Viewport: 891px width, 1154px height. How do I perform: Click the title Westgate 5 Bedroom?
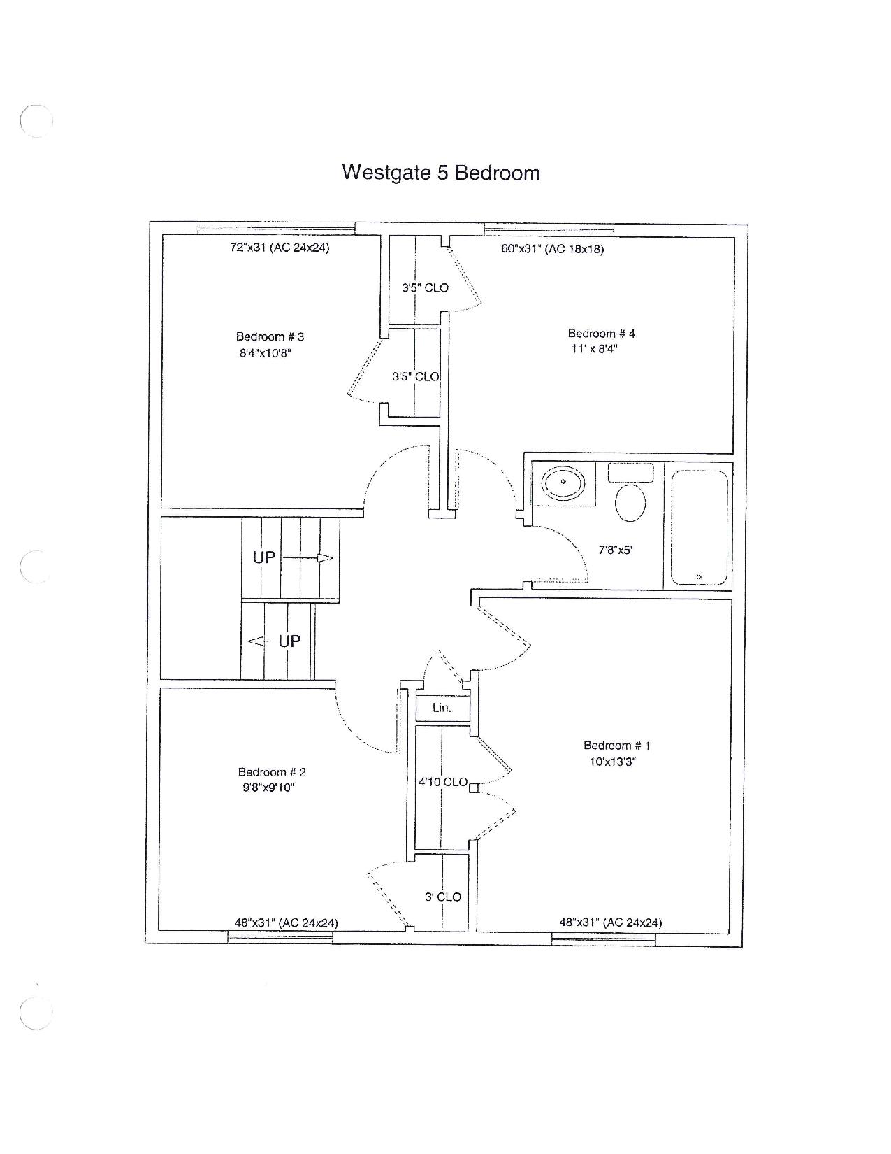[440, 173]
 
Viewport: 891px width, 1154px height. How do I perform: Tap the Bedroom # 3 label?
[270, 336]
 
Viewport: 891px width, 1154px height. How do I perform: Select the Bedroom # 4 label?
[601, 334]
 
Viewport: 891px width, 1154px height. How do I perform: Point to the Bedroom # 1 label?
[616, 746]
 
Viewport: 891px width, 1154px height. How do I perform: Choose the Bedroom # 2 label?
[272, 772]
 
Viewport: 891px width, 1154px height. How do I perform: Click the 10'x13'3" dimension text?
[612, 762]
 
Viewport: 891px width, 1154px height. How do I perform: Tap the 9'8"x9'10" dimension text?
[268, 788]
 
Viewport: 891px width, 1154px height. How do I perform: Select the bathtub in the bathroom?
[699, 528]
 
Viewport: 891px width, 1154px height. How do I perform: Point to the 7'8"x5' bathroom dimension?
[615, 550]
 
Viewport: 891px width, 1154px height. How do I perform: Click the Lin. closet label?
[442, 708]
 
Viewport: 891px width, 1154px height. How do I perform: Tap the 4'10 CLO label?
[443, 782]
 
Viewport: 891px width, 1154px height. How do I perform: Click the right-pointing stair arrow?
[307, 558]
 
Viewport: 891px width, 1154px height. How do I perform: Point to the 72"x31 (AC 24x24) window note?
[280, 248]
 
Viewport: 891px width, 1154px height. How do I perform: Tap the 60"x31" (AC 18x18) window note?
[553, 249]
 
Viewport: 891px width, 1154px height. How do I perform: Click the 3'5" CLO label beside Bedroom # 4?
[425, 288]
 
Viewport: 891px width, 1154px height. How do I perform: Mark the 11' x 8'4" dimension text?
[595, 350]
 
